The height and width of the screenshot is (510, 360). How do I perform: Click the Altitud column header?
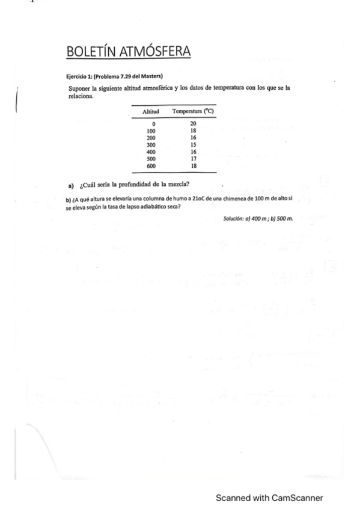151,112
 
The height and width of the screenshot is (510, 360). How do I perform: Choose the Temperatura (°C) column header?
193,112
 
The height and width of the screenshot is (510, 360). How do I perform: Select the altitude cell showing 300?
151,144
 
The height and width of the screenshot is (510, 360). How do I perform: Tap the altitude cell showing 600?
151,165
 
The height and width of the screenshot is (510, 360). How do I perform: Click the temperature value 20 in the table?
193,123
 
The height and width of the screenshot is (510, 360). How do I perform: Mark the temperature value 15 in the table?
193,144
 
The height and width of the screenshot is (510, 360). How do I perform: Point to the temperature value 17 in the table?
193,159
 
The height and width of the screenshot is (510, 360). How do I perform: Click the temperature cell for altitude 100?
193,131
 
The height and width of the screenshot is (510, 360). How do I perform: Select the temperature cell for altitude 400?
193,152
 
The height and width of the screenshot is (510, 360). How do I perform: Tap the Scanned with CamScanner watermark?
269,497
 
